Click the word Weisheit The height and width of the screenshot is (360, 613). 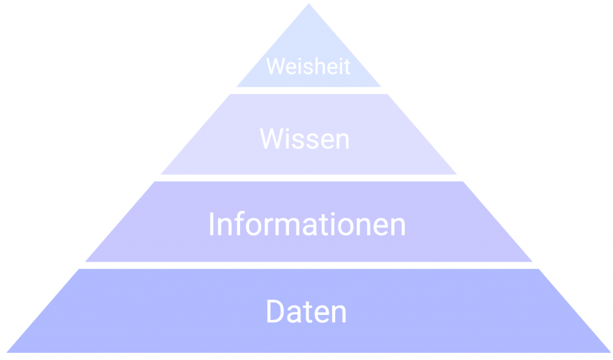[x=308, y=66]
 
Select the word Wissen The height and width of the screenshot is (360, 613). [x=305, y=139]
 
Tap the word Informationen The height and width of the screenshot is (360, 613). [x=307, y=225]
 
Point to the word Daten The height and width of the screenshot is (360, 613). [x=306, y=312]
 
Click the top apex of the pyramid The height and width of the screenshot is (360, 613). [x=309, y=5]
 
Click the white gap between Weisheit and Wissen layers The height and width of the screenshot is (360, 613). [x=308, y=90]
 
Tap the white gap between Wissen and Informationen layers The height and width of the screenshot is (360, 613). [x=308, y=178]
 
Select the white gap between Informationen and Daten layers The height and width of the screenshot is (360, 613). [x=308, y=265]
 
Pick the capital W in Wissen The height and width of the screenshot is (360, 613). [x=271, y=139]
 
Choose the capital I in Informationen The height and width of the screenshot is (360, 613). [x=212, y=225]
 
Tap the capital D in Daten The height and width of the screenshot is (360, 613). [x=275, y=312]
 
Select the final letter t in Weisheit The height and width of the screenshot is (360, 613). [x=347, y=66]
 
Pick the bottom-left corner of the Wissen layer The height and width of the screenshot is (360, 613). [x=162, y=174]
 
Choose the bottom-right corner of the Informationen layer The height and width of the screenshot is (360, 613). [x=532, y=261]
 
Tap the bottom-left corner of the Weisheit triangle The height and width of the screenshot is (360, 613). [x=237, y=86]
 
